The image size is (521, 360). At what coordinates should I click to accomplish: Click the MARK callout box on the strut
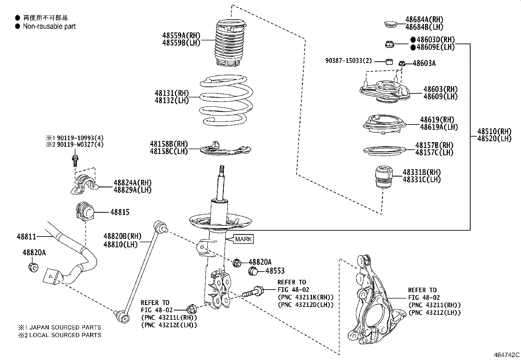(x=243, y=239)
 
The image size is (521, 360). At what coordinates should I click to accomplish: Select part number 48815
(x=119, y=212)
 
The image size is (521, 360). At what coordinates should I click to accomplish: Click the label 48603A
(x=424, y=63)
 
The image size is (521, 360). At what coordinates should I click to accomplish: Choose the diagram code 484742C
(x=506, y=355)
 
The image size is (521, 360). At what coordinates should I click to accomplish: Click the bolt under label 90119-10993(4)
(x=75, y=161)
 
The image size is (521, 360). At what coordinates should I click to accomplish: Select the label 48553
(x=275, y=271)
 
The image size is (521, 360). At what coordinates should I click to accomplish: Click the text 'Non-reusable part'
(x=49, y=27)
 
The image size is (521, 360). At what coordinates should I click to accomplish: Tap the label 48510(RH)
(x=494, y=131)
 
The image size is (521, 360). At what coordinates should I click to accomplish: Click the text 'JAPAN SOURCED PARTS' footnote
(x=65, y=327)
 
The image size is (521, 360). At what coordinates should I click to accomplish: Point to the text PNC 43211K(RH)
(x=305, y=297)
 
